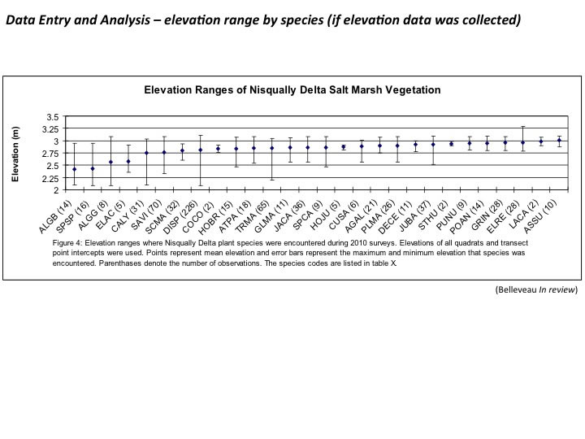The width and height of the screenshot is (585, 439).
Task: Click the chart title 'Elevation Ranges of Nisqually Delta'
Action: [x=292, y=90]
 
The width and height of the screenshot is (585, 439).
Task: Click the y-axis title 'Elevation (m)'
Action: [x=15, y=154]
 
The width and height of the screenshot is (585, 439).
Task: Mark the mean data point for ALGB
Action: [x=75, y=169]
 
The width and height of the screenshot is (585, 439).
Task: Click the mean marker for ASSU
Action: [x=559, y=141]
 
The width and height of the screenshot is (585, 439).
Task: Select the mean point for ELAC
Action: [x=128, y=161]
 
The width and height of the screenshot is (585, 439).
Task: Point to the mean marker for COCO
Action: [x=218, y=149]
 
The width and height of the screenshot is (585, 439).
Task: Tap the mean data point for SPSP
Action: [x=93, y=168]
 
